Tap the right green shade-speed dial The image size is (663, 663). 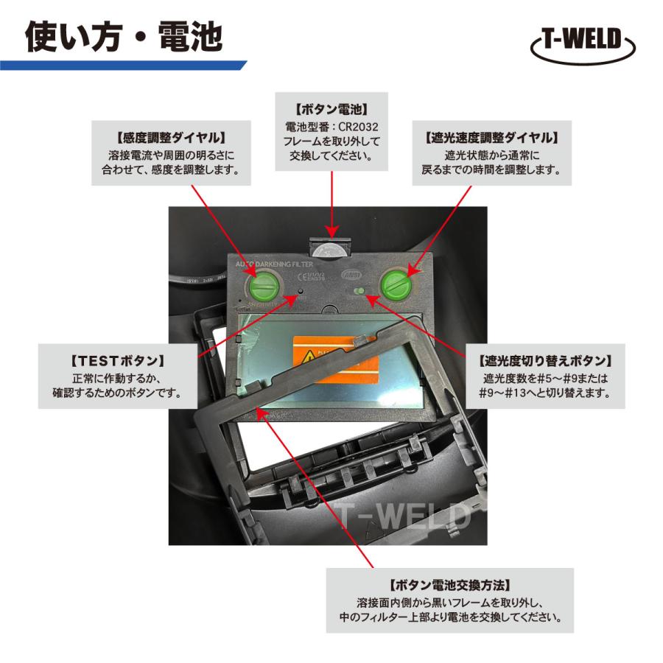coord(395,284)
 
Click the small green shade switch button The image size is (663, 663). coord(359,292)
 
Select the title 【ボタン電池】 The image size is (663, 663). coord(331,107)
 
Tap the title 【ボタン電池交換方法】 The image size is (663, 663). coord(449,586)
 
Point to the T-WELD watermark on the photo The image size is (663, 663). coord(401,516)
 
